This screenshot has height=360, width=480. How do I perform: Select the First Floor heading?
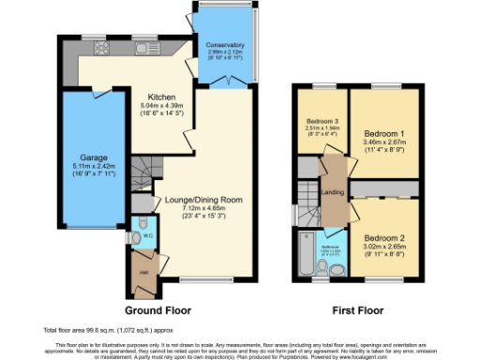(356, 308)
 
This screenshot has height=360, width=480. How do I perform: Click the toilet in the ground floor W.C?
(138, 232)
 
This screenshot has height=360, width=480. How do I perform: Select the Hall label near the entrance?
(144, 272)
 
